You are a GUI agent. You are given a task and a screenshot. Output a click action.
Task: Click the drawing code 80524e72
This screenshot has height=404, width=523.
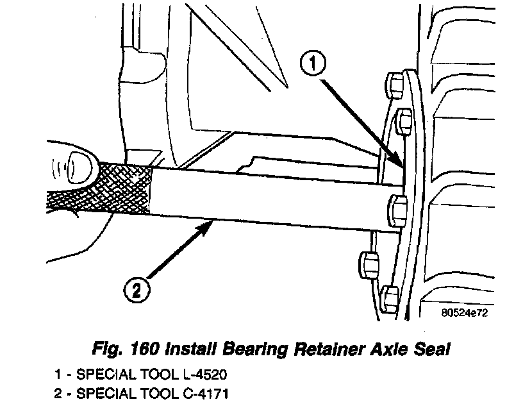click(x=464, y=314)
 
